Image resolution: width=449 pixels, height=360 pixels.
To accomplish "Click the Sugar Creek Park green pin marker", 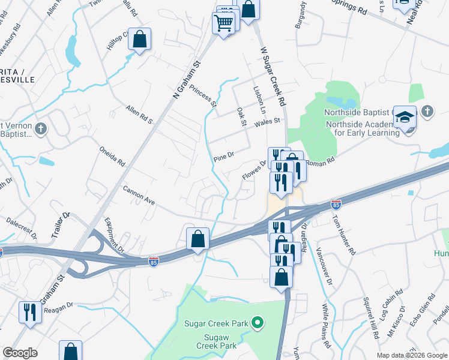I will (x=258, y=323).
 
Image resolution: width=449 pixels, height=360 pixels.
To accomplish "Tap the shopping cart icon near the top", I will (x=223, y=24).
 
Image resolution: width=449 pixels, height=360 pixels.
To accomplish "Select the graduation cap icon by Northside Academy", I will (x=405, y=118).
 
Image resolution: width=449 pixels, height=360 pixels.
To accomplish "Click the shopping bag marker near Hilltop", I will (x=139, y=40).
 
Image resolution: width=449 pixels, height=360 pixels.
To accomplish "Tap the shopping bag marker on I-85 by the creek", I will (x=197, y=239).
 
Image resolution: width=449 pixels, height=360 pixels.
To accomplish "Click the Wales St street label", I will (x=268, y=121).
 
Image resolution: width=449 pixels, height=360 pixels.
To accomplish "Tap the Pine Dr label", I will (x=223, y=157).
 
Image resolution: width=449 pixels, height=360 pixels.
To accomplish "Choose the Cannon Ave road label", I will (x=139, y=196).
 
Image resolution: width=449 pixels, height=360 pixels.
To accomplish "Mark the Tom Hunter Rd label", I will (x=344, y=234).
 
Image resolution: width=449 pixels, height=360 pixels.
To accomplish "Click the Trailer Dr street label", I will (x=61, y=223).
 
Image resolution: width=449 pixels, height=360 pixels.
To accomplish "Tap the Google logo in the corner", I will (x=20, y=353).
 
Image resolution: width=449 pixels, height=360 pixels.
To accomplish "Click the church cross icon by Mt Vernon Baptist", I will (x=40, y=128).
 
